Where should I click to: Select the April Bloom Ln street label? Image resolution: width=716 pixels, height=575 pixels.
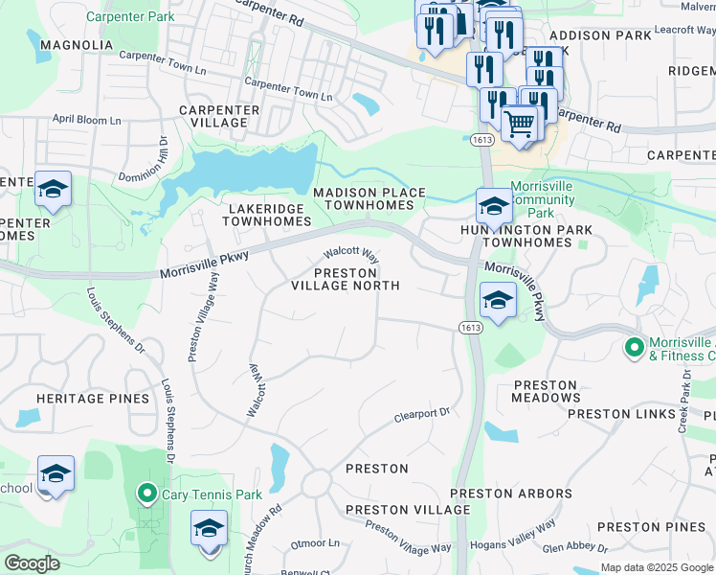(x=87, y=121)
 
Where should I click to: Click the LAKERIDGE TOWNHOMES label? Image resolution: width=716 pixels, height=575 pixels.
(x=267, y=215)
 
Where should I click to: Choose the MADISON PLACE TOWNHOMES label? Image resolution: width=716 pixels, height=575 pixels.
(x=369, y=199)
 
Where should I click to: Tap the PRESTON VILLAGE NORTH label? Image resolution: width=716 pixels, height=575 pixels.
(x=345, y=279)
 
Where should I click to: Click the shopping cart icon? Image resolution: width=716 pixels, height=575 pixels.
(x=519, y=124)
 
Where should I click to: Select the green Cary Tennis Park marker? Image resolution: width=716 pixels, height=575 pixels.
(x=146, y=494)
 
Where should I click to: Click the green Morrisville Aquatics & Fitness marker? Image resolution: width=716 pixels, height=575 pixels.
(x=633, y=346)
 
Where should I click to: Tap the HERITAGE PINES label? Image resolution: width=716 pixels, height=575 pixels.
(x=93, y=399)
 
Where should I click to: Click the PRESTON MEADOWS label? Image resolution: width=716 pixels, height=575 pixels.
(x=547, y=391)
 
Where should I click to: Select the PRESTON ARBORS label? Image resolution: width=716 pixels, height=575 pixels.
(x=511, y=494)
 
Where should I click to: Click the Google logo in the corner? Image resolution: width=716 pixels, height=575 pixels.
(x=32, y=563)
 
